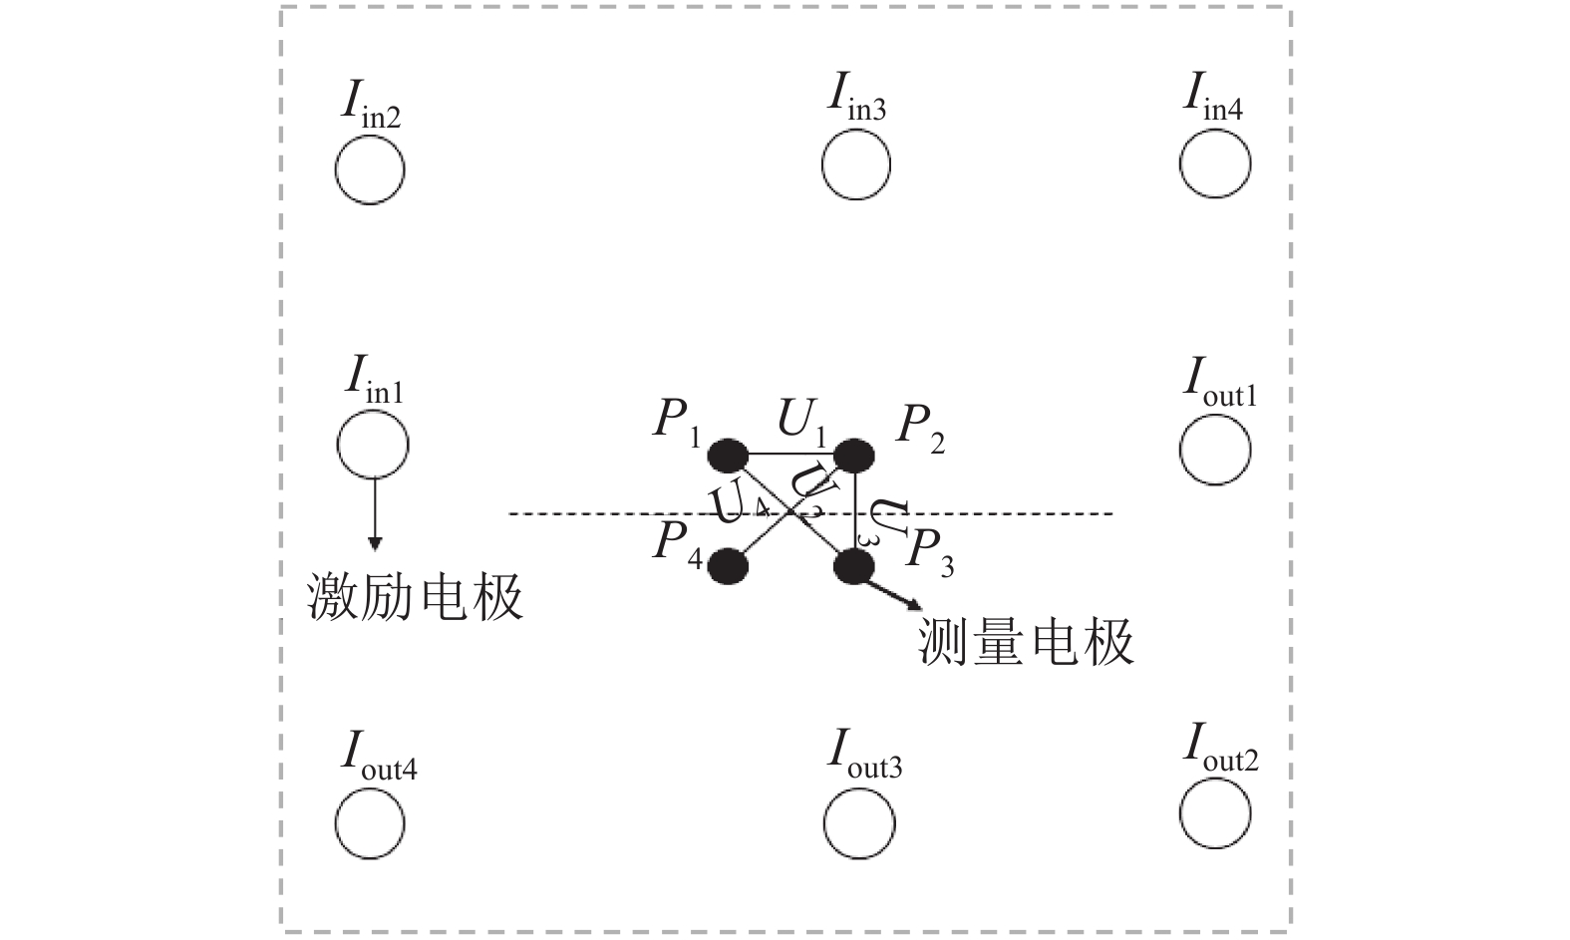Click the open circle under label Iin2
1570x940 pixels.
(370, 169)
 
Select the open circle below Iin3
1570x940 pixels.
(856, 165)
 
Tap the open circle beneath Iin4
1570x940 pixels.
(1215, 165)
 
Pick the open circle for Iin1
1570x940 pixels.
(373, 444)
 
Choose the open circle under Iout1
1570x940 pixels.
(1215, 450)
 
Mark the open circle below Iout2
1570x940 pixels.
(1215, 813)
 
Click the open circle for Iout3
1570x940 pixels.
(859, 823)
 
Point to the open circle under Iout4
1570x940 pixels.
(370, 823)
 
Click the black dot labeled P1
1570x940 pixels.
(728, 456)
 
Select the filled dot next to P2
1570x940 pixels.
(853, 456)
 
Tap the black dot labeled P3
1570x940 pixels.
(853, 566)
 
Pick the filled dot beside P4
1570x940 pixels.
(728, 566)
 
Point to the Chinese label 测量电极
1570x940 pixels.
(1026, 642)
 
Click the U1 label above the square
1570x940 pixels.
(802, 424)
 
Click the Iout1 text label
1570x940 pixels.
(1220, 384)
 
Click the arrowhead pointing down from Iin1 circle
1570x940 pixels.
(374, 542)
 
